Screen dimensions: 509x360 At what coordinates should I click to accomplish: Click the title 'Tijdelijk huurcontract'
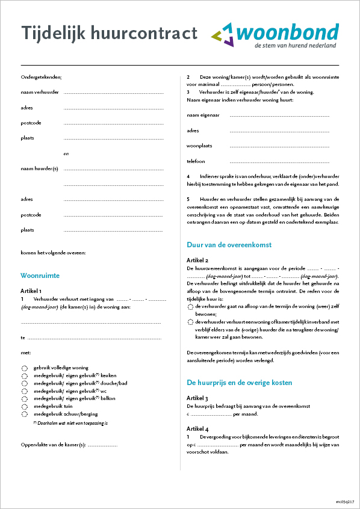[109, 34]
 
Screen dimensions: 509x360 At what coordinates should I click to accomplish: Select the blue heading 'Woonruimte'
[40, 276]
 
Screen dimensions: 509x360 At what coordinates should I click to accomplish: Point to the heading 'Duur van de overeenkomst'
[229, 245]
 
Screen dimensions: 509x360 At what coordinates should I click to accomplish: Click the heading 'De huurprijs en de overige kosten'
[240, 382]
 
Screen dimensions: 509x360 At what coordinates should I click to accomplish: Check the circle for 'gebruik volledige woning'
[24, 368]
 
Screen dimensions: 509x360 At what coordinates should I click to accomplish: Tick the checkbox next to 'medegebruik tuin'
[24, 407]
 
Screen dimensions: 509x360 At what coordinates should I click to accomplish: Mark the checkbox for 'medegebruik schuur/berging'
[24, 415]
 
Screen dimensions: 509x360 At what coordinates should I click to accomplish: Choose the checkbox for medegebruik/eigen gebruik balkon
[24, 399]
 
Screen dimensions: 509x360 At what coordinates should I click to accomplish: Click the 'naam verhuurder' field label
[40, 92]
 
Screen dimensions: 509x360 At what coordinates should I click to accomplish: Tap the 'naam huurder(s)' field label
[39, 169]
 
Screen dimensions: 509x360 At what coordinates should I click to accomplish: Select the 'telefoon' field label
[196, 161]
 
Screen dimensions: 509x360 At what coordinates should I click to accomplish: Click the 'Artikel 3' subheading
[197, 398]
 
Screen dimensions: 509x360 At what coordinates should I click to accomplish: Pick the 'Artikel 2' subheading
[197, 260]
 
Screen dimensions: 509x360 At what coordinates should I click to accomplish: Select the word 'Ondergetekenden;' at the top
[41, 77]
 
